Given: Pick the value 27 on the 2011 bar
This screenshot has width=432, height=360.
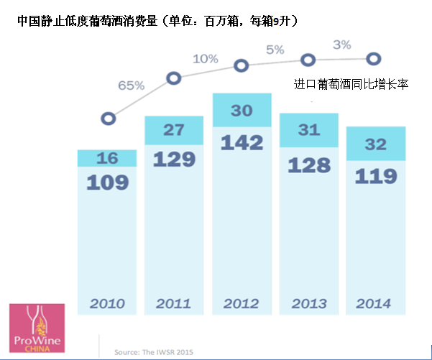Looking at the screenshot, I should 174,129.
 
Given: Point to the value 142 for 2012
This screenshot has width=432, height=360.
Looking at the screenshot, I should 242,142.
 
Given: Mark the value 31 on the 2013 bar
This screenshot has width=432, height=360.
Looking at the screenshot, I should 308,130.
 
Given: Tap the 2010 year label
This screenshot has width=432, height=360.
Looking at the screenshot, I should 106,303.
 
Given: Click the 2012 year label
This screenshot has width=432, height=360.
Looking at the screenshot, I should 242,303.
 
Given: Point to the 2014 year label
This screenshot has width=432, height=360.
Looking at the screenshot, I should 374,303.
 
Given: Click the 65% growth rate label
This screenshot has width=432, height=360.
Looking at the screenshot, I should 131,85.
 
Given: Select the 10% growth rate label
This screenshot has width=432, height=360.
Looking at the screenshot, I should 205,58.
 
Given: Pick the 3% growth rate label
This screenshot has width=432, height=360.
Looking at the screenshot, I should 341,45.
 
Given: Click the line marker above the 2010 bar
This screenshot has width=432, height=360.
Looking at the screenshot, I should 109,118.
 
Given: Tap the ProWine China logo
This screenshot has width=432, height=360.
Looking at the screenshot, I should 37,328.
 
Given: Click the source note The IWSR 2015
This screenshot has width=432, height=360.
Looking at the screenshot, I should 154,352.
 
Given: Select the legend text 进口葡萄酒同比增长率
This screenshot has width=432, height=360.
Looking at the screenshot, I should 351,84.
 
